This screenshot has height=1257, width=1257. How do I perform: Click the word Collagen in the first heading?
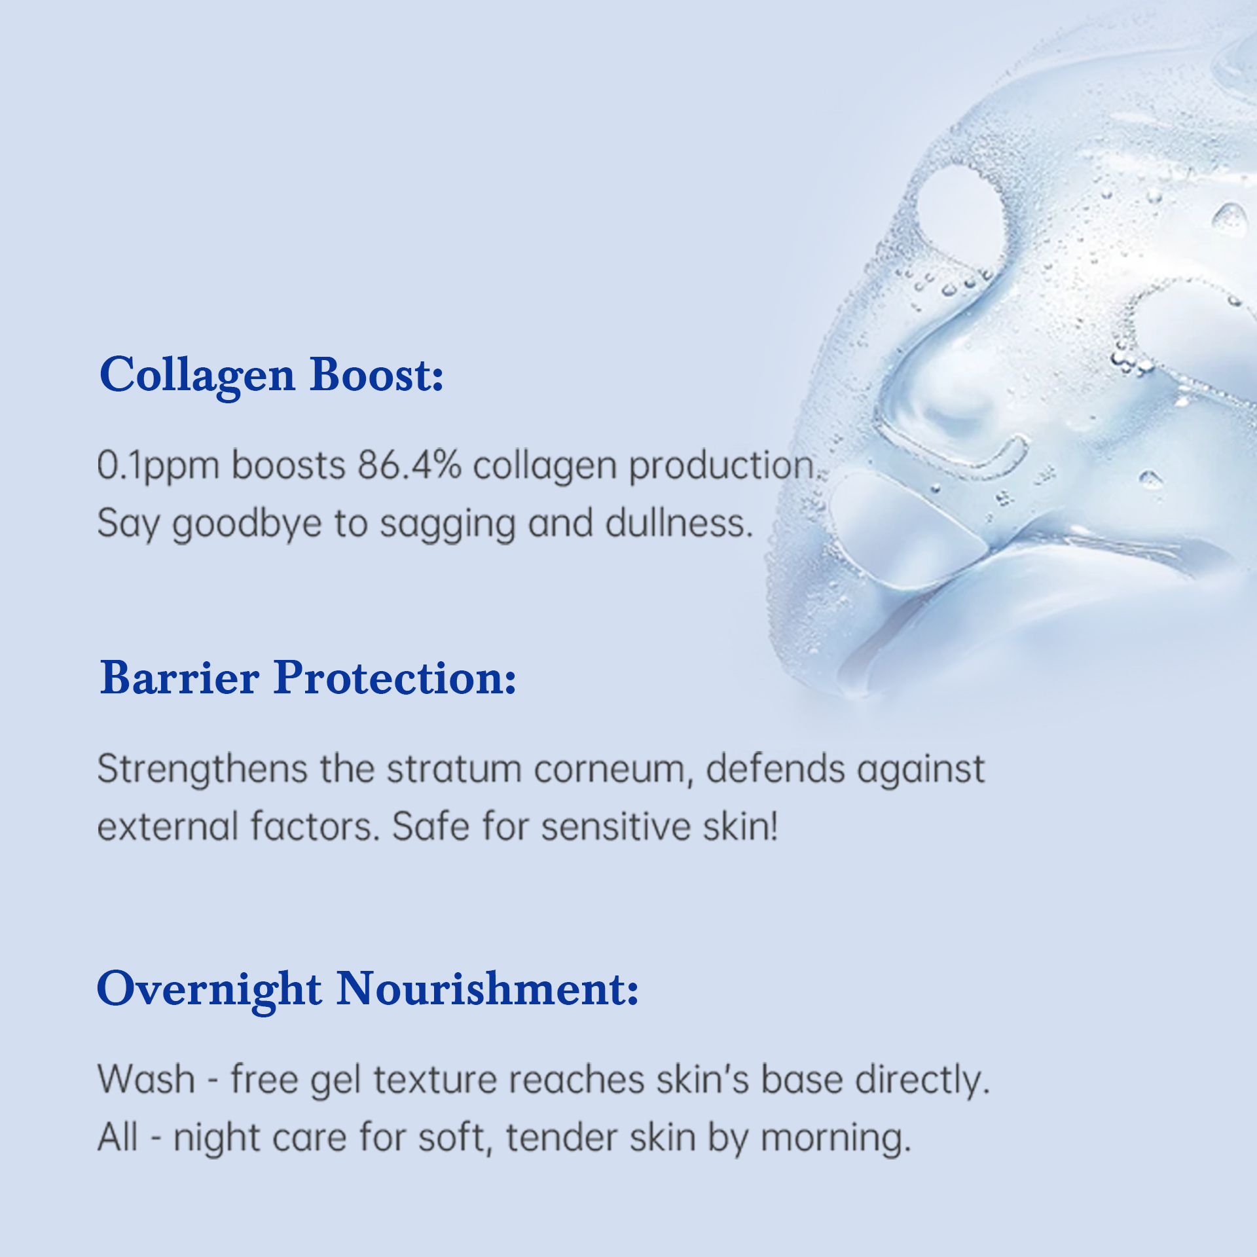tap(197, 376)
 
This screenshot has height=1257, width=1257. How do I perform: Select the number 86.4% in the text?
tap(409, 465)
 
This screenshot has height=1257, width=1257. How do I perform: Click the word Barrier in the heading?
tap(179, 678)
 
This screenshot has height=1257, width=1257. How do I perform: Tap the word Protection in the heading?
tap(395, 678)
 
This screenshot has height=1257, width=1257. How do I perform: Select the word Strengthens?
tap(202, 769)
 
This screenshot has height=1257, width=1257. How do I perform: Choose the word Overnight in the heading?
tap(209, 989)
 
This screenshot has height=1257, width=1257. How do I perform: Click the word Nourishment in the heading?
tap(487, 989)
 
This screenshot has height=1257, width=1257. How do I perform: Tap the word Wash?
tap(147, 1079)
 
